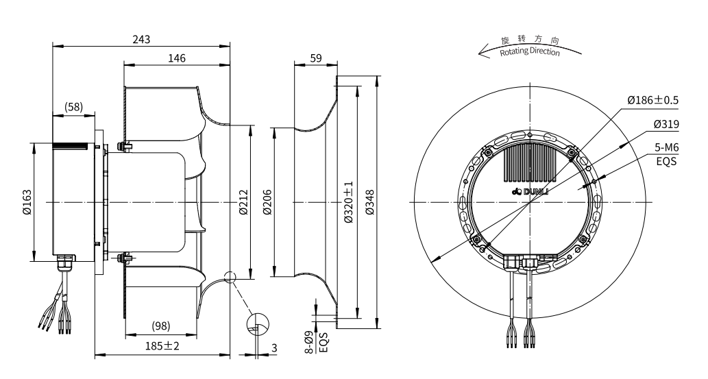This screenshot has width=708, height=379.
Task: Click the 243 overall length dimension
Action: [x=141, y=39]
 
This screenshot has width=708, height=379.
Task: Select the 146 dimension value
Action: [x=176, y=58]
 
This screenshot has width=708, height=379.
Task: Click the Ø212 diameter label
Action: [x=243, y=203]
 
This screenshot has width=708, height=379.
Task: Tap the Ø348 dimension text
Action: [x=371, y=203]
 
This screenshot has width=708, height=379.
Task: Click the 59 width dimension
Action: [x=315, y=58]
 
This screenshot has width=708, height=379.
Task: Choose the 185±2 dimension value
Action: [x=162, y=347]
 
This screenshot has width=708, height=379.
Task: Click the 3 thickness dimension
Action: [x=274, y=348]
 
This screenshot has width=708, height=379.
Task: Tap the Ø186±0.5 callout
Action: [x=652, y=100]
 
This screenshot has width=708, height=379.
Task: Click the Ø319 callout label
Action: [x=666, y=125]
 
